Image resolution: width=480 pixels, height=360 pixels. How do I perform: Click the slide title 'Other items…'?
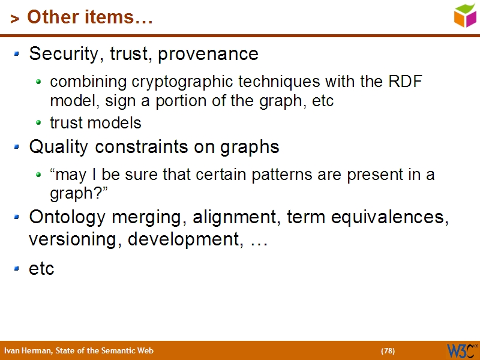[x=90, y=17]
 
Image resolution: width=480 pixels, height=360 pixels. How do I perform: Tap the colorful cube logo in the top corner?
[x=465, y=16]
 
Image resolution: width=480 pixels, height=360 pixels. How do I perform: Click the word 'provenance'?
[x=217, y=54]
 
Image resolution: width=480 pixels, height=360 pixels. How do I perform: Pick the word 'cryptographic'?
[x=182, y=82]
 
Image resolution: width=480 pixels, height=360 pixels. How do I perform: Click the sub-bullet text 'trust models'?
[x=95, y=123]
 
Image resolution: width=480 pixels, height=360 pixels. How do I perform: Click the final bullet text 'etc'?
[x=41, y=269]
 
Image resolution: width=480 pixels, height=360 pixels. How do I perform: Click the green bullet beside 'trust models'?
[x=39, y=123]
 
